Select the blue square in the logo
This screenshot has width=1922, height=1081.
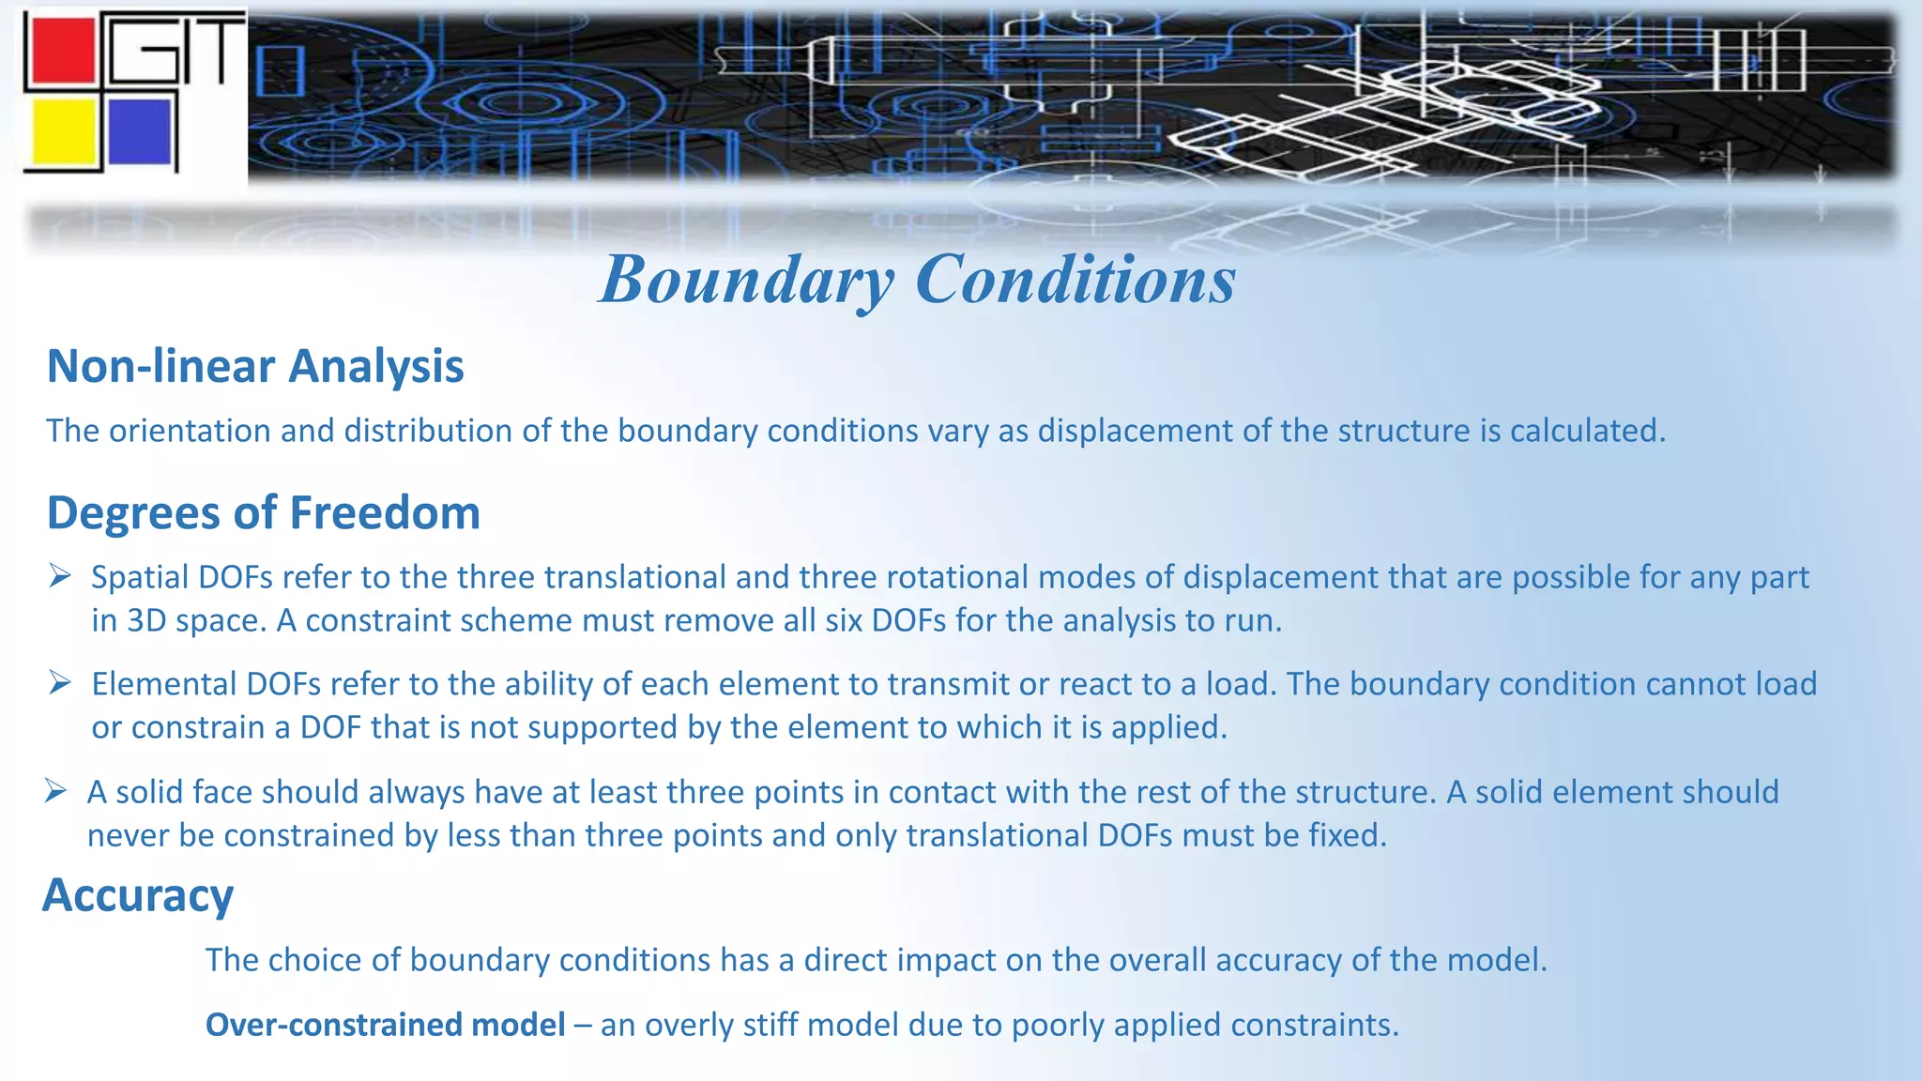pos(140,130)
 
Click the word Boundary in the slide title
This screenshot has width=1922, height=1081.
pos(746,280)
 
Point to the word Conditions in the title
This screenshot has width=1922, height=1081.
pos(1075,280)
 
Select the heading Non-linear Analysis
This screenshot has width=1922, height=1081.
pos(255,366)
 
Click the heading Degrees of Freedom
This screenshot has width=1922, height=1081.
pos(264,513)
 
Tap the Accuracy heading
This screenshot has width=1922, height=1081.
pos(138,895)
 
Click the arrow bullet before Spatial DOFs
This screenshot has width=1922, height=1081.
pos(60,576)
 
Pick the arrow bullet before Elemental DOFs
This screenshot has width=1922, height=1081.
pos(60,683)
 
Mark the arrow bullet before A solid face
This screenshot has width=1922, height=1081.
pos(56,792)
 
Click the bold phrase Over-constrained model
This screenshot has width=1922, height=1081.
pos(385,1025)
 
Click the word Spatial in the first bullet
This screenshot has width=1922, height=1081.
pos(140,577)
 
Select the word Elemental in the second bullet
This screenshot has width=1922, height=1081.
pos(164,684)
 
